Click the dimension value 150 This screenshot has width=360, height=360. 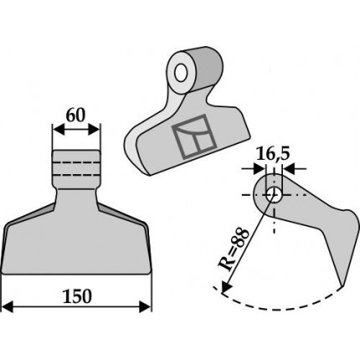tap(77, 296)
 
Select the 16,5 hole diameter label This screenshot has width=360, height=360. tap(273, 154)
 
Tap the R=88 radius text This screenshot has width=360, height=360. tap(233, 249)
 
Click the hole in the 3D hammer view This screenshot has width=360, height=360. tap(181, 73)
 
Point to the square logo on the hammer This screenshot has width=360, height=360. tap(194, 137)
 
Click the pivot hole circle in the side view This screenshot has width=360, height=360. tap(274, 195)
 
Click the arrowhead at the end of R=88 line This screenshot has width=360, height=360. tap(226, 287)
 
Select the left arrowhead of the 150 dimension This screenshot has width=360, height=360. tap(8, 307)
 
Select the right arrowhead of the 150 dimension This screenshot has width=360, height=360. tap(146, 307)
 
